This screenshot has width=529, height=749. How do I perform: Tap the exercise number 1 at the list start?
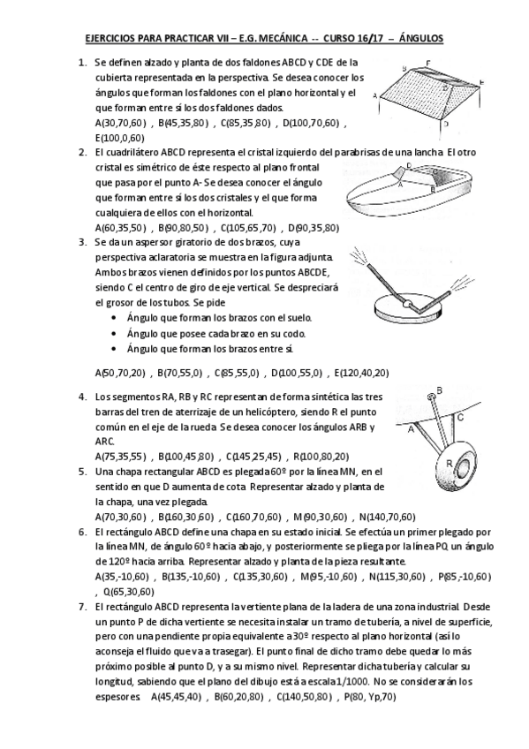[x=81, y=63]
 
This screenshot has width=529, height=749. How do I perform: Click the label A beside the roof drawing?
[x=375, y=95]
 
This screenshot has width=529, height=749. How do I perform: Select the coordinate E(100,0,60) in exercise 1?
[x=122, y=138]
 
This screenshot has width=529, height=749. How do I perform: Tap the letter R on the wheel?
[x=449, y=463]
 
